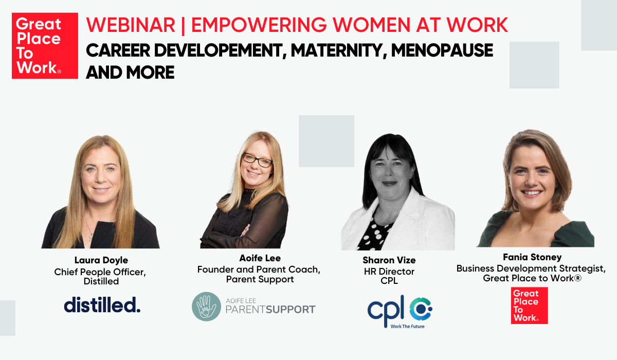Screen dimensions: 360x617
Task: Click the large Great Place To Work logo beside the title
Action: [45, 46]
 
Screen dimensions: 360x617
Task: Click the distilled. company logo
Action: [102, 304]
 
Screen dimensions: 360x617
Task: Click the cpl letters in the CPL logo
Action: [386, 307]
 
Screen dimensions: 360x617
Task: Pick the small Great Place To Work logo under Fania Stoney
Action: [529, 305]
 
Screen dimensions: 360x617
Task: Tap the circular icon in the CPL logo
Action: [421, 308]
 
